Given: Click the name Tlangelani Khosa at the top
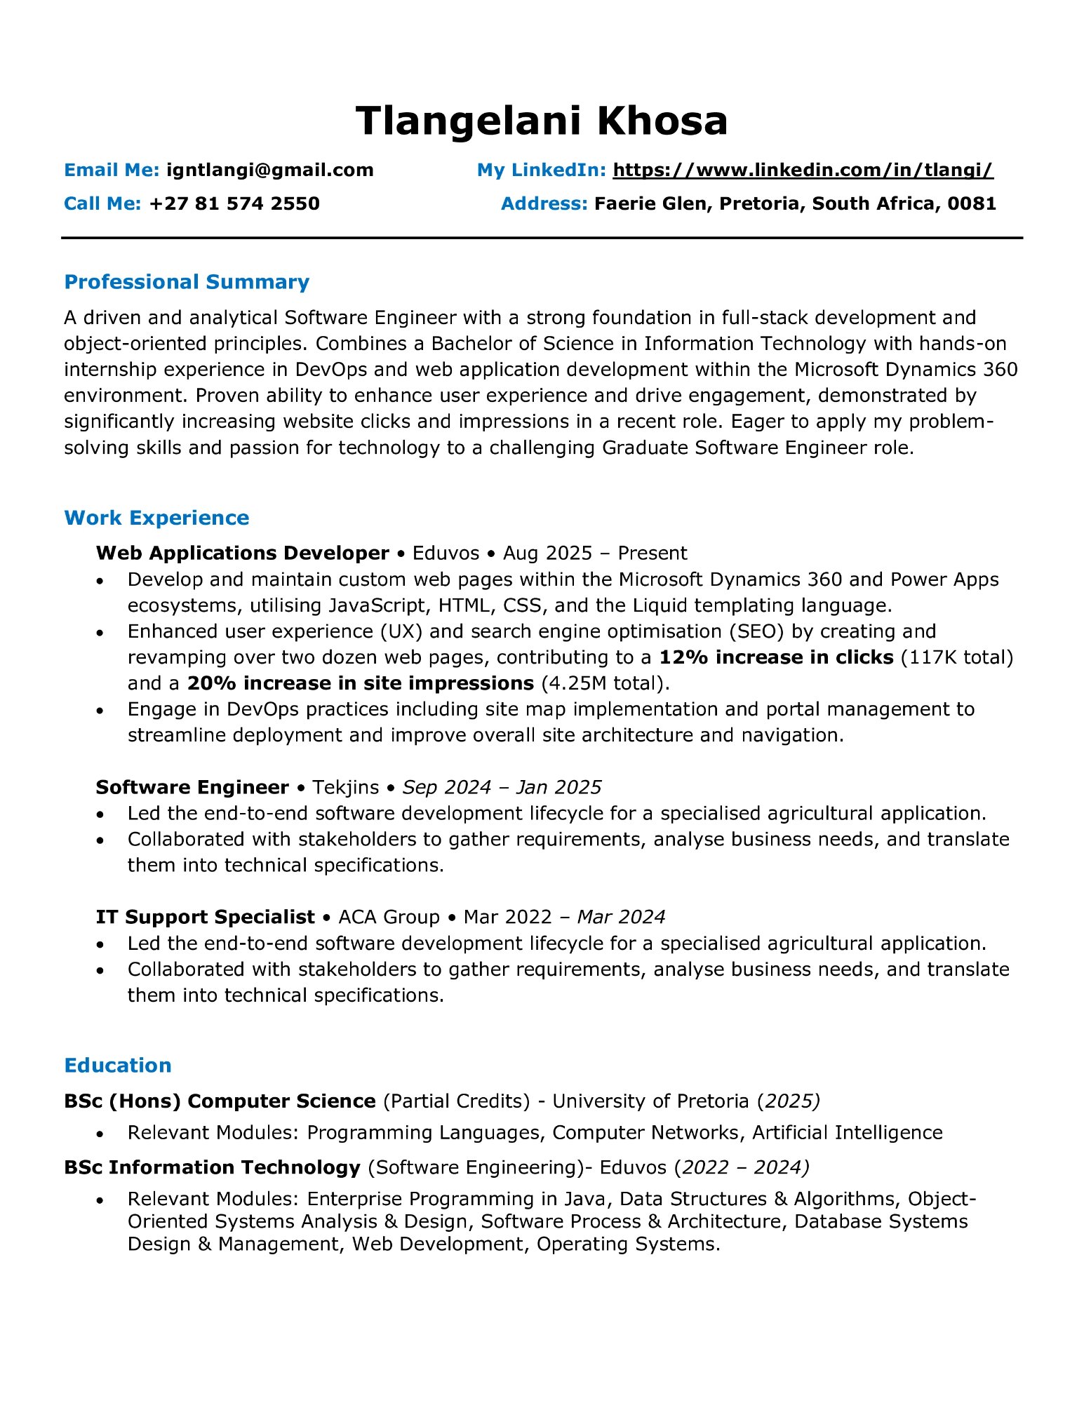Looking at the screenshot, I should click(x=541, y=121).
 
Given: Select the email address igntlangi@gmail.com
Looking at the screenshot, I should click(x=269, y=170).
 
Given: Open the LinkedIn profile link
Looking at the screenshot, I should click(x=803, y=170).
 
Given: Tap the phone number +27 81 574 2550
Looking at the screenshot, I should click(x=234, y=203).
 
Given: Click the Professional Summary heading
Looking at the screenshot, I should click(x=187, y=282).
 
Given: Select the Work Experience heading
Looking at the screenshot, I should click(x=156, y=518).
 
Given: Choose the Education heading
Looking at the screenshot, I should click(x=118, y=1066).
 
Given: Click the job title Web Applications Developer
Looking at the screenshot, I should click(x=242, y=553).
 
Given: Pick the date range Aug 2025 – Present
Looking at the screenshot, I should click(x=595, y=553).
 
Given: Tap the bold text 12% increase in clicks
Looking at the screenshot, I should click(x=776, y=657).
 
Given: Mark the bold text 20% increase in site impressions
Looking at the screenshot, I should click(x=361, y=683).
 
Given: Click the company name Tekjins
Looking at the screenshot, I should click(x=345, y=787).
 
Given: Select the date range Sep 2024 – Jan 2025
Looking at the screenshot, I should click(x=502, y=787).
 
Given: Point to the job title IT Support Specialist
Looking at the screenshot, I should click(x=205, y=917).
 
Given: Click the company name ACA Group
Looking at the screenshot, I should click(x=389, y=917).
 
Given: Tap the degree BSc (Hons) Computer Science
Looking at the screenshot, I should click(x=220, y=1101).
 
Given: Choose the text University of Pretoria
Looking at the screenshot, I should click(x=650, y=1101).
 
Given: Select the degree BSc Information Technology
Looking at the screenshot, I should click(x=212, y=1167).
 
